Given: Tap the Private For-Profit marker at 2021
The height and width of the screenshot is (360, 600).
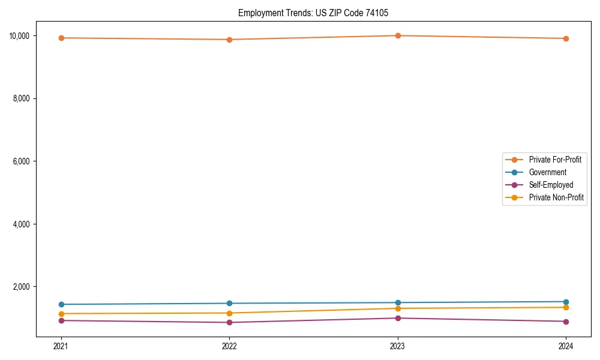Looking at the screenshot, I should (x=61, y=38).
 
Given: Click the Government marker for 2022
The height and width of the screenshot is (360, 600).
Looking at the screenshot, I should (x=229, y=303).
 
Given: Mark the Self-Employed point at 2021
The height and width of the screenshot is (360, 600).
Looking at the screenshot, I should (x=61, y=320).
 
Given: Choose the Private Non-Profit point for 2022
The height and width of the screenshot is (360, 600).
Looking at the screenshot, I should (x=229, y=313).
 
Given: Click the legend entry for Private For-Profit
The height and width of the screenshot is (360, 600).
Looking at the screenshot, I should (x=554, y=160).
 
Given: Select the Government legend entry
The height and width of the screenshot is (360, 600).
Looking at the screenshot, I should (x=547, y=172).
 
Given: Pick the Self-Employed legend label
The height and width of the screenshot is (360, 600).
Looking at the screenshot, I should (x=551, y=185).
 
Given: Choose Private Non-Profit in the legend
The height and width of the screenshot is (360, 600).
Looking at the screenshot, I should (x=556, y=197).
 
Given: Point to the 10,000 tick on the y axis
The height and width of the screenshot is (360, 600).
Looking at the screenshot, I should (x=20, y=35).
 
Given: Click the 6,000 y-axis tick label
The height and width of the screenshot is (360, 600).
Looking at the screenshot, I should (x=22, y=161).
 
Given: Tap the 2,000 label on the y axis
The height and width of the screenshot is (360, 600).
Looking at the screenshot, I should (x=22, y=287).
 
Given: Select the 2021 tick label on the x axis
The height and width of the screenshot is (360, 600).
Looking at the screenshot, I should (x=61, y=346).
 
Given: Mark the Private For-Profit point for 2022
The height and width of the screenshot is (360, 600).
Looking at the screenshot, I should (x=229, y=40).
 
